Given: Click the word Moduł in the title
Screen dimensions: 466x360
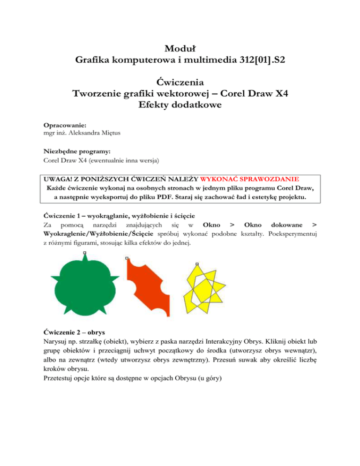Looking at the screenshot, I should [180, 48].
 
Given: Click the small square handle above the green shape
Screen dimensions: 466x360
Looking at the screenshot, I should [84, 254].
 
